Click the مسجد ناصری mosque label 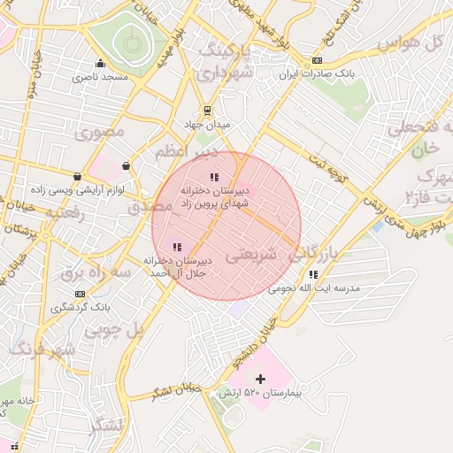[100, 77]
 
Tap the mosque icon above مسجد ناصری [100, 64]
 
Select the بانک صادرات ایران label [316, 74]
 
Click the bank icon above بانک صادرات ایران [317, 60]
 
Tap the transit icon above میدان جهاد [207, 111]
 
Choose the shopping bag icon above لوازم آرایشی [79, 176]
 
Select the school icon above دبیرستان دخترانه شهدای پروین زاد [214, 177]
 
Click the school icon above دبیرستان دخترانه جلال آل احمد [177, 247]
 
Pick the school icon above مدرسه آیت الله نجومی [313, 274]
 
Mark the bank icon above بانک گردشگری [81, 294]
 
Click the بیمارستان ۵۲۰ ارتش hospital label [264, 392]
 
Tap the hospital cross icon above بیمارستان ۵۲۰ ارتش [259, 379]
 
